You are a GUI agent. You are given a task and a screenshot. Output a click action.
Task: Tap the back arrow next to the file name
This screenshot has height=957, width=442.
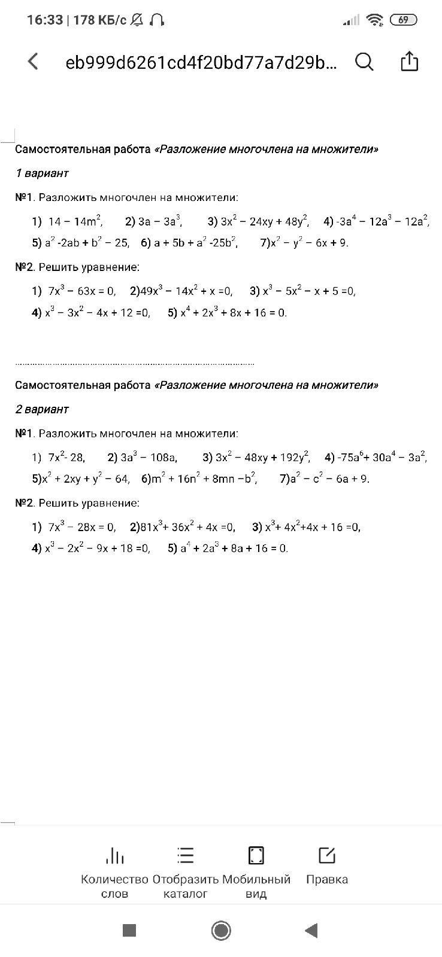click(x=34, y=61)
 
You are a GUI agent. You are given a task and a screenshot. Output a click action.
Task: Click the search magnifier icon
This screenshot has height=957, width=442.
click(x=364, y=61)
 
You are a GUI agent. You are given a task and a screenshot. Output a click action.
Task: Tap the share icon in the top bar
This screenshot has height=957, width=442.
click(x=409, y=61)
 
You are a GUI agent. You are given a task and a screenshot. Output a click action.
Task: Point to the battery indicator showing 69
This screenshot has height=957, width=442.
click(x=403, y=20)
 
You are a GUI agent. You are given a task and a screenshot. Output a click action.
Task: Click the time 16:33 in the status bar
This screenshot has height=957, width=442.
click(x=45, y=20)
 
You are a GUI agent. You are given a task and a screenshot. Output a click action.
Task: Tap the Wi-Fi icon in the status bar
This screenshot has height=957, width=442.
click(x=375, y=20)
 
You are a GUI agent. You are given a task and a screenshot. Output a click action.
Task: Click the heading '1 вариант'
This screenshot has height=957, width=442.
click(x=42, y=173)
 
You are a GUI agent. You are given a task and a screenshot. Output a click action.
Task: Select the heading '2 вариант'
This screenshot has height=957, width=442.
click(x=42, y=410)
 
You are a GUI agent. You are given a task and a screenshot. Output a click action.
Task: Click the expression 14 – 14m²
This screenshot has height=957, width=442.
click(x=75, y=221)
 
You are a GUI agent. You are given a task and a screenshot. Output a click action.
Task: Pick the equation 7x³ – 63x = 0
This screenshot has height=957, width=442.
click(x=81, y=291)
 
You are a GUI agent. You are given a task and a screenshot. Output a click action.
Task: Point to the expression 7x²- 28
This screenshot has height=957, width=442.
click(x=66, y=458)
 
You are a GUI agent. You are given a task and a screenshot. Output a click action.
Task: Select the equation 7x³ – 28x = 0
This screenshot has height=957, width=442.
click(x=81, y=527)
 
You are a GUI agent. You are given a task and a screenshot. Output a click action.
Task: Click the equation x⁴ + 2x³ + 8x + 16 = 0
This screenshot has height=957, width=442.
click(x=234, y=312)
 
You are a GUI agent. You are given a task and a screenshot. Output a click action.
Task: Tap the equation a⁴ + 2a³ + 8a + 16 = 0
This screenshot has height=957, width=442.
click(x=234, y=548)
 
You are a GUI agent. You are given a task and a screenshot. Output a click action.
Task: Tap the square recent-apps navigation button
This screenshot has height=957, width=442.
click(x=129, y=930)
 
